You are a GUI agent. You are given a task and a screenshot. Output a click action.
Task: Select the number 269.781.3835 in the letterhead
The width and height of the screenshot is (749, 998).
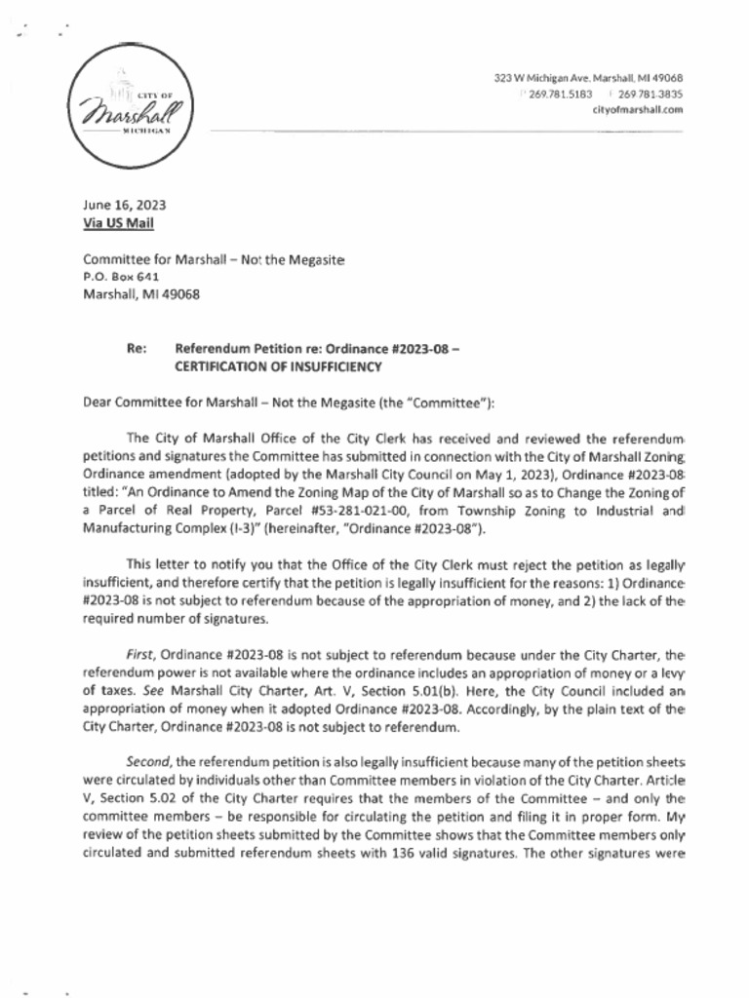pyautogui.click(x=650, y=95)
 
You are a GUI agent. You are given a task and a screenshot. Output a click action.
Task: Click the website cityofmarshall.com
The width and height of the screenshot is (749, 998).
pyautogui.click(x=637, y=110)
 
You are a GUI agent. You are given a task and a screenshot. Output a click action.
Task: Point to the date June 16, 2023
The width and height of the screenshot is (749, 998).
pyautogui.click(x=124, y=206)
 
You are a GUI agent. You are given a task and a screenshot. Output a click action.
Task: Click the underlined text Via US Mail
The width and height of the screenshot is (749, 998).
pyautogui.click(x=118, y=223)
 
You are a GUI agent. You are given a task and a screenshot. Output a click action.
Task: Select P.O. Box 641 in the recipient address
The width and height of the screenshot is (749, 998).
pyautogui.click(x=121, y=277)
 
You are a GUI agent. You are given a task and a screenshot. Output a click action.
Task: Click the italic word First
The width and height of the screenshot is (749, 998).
pyautogui.click(x=140, y=654)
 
